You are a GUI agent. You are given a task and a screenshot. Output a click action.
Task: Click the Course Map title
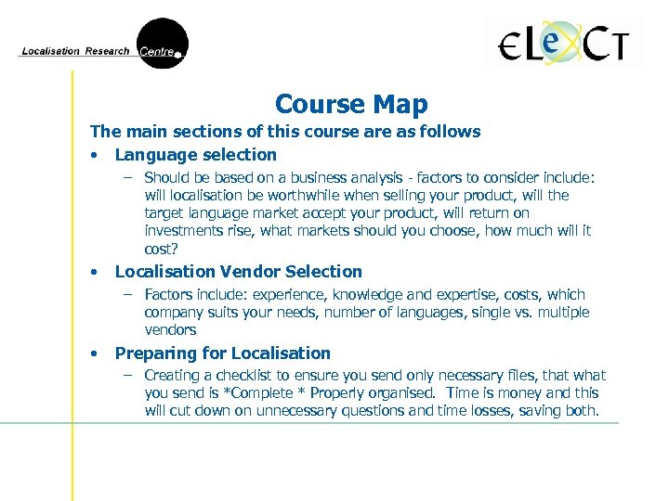pos(351,104)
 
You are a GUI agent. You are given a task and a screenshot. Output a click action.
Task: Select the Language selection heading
pos(195,155)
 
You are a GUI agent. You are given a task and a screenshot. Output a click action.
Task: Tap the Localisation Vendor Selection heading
pos(238,272)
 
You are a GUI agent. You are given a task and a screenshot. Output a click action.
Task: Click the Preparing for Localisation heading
pos(222,353)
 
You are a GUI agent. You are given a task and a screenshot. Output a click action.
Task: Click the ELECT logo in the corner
pos(564,44)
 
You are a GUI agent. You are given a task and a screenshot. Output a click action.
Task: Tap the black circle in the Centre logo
pos(162,44)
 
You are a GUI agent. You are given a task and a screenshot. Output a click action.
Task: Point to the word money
pos(534,393)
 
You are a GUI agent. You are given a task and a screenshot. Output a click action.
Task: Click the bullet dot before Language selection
pos(95,156)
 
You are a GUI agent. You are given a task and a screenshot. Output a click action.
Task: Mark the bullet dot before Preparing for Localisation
pos(95,354)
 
